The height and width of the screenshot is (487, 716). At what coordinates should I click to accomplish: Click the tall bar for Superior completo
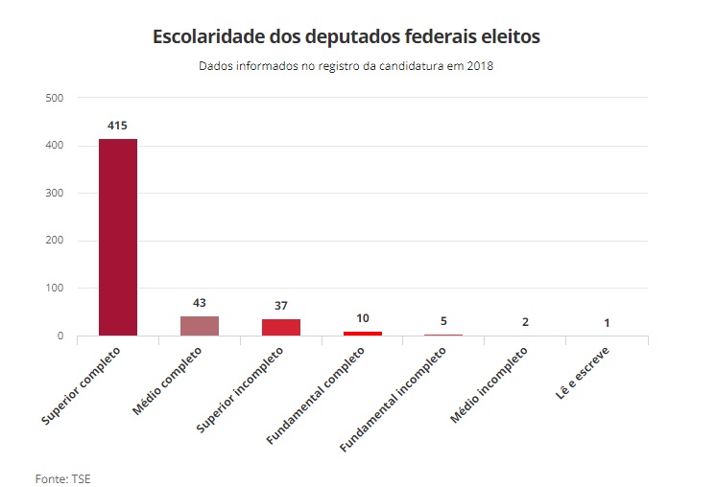pos(118,238)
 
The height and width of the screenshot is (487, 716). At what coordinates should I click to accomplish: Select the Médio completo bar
pos(200,326)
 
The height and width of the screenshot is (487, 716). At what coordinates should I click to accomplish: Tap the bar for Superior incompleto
pos(281,327)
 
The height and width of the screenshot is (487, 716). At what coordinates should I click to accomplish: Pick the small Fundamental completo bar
pos(363,333)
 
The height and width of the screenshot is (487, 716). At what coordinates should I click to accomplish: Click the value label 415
pos(118,126)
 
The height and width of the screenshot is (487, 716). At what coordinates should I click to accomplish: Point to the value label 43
pos(200,303)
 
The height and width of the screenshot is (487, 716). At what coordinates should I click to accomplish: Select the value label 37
pos(281,306)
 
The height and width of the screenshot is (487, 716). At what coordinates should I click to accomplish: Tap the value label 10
pos(363,318)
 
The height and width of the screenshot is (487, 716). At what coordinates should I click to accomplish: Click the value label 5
pos(443,321)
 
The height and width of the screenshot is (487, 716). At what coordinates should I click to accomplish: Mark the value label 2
pos(525,322)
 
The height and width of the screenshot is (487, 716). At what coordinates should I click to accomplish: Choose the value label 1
pos(607,323)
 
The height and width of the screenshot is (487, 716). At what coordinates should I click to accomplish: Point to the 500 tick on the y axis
pos(54,98)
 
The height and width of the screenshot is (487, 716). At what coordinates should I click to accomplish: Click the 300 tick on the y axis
pos(54,193)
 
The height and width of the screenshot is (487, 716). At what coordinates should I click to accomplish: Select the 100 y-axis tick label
pos(54,288)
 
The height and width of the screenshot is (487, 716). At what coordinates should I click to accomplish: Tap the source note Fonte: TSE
pos(62,476)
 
